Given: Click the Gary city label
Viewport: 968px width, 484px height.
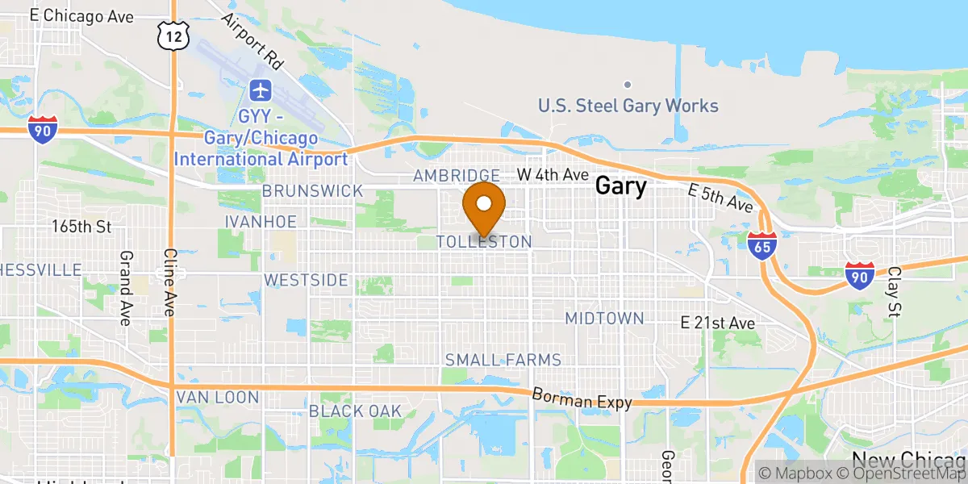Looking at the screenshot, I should coord(620,187).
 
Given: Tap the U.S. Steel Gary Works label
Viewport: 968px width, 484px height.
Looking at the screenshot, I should coord(628,106).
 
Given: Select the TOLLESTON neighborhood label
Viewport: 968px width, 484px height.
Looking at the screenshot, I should coord(484,242).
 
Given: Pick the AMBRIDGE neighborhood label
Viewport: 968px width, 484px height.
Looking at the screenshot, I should coord(457,176).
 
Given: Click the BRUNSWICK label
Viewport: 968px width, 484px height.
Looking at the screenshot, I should coord(313,191).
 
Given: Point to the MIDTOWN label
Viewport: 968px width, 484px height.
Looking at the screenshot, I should coord(604,318).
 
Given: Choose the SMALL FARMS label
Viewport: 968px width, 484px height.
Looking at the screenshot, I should coord(503,360).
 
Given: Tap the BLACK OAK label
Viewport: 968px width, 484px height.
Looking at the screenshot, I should coord(356,411).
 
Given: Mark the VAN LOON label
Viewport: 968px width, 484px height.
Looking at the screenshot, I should coord(218,397).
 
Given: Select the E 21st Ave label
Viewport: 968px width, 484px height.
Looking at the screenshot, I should coord(717,323).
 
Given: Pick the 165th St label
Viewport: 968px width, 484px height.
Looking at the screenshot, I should coord(81,227).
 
